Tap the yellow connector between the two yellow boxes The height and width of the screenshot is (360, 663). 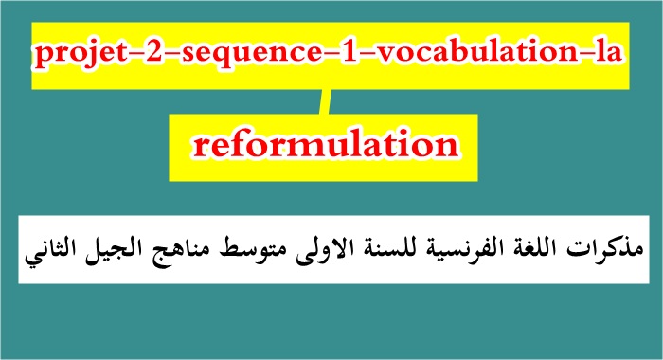pos(327,100)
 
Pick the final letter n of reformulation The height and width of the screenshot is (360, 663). pos(441,147)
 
